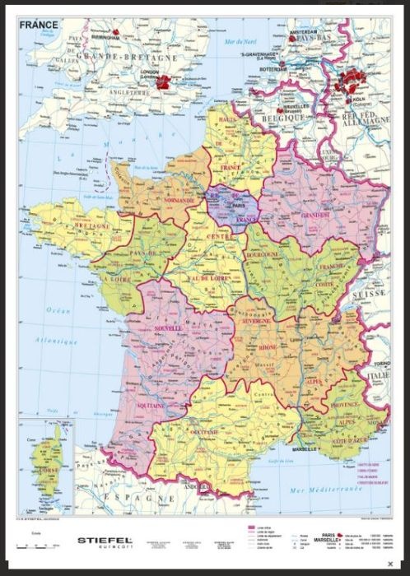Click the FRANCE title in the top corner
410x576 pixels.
point(40,25)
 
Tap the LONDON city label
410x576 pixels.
point(149,72)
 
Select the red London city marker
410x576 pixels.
point(165,81)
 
